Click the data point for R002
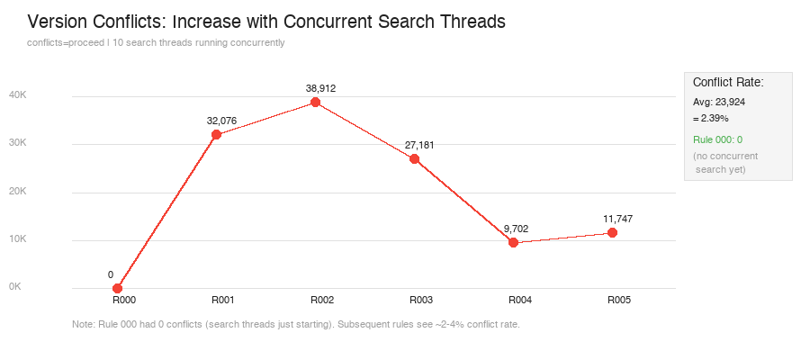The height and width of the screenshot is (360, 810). point(315,103)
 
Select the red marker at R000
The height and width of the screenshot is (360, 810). point(117,288)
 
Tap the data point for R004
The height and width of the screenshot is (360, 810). point(513,242)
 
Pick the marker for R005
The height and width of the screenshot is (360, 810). point(612,232)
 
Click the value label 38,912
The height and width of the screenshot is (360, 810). point(320,88)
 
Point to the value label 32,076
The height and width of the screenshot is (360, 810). point(221,121)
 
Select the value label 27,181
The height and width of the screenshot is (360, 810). point(419,145)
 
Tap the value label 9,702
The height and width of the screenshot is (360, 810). point(516,229)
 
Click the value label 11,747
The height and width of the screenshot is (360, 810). point(617,219)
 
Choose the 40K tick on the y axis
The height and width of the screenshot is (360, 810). point(18,95)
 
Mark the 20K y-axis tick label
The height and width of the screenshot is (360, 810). point(18,191)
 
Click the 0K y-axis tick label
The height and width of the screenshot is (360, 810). point(15,287)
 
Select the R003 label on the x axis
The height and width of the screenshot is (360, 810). point(421,300)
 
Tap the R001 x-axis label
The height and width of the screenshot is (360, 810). point(223,300)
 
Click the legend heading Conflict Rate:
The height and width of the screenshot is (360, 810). point(728,83)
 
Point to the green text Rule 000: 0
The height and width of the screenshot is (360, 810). point(718,140)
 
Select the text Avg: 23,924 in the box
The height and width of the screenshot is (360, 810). point(719,103)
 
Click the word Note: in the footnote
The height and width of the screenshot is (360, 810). point(82,325)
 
